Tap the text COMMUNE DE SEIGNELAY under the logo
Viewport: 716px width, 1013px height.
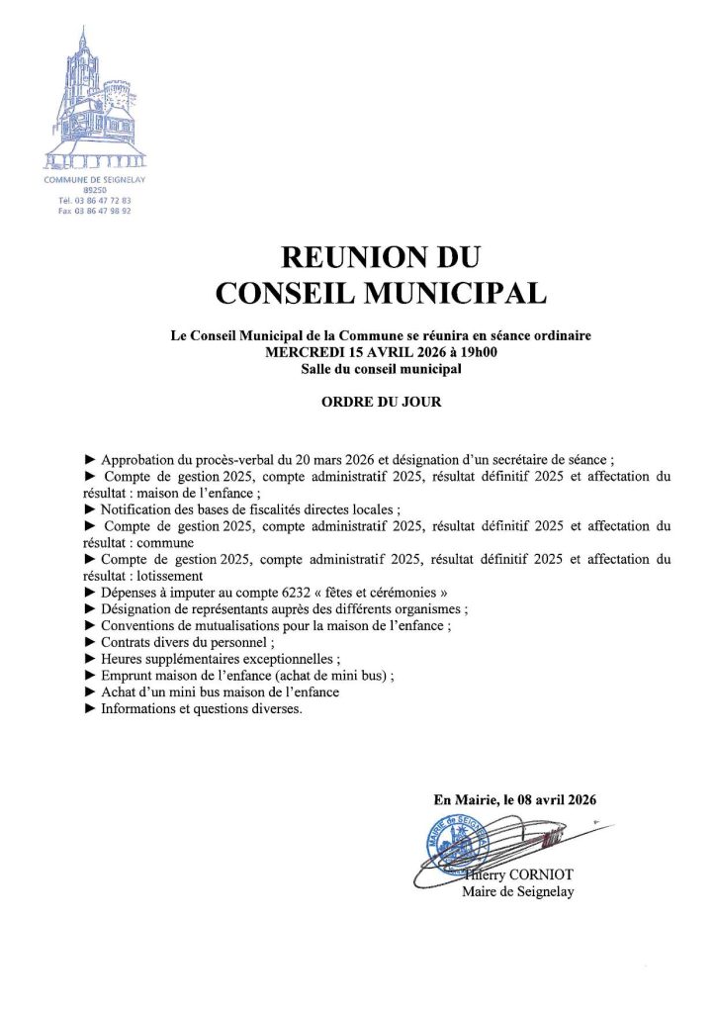pyautogui.click(x=95, y=179)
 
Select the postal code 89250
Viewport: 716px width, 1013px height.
pyautogui.click(x=95, y=189)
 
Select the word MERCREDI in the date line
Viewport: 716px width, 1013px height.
pyautogui.click(x=298, y=351)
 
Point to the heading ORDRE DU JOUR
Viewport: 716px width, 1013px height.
pyautogui.click(x=382, y=404)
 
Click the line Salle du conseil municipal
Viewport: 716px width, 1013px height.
pyautogui.click(x=382, y=368)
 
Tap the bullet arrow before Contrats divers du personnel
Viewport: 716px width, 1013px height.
pyautogui.click(x=91, y=641)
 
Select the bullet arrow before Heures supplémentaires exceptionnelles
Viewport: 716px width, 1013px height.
pyautogui.click(x=91, y=658)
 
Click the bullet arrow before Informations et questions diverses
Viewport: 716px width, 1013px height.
pyautogui.click(x=91, y=708)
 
